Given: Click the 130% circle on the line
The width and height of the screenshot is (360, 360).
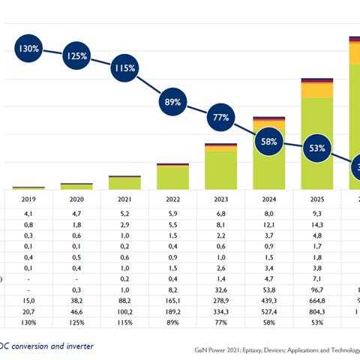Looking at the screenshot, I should pyautogui.click(x=28, y=49).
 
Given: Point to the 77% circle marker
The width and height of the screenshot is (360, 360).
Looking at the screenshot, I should pyautogui.click(x=220, y=117).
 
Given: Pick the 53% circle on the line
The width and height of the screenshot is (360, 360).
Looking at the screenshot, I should pyautogui.click(x=316, y=148).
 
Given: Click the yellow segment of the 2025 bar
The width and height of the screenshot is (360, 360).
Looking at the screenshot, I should pyautogui.click(x=316, y=91).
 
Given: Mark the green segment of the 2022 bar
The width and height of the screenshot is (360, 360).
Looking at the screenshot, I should pyautogui.click(x=172, y=177).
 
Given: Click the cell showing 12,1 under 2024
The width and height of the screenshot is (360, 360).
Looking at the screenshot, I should pyautogui.click(x=268, y=224).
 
